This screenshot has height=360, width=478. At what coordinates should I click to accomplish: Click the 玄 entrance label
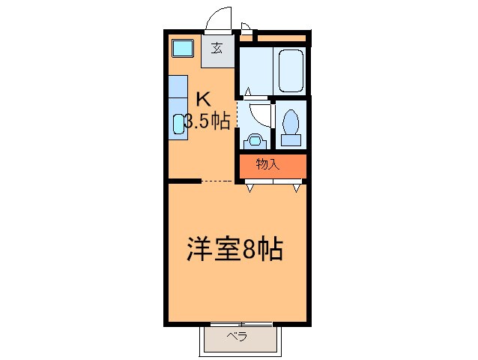(217, 49)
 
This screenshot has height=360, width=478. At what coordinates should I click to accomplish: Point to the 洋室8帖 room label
(235, 250)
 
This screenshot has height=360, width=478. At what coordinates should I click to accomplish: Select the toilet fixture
(290, 125)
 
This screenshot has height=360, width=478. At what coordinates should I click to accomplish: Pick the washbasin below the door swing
(255, 139)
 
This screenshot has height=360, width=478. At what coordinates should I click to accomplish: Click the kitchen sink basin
(178, 124)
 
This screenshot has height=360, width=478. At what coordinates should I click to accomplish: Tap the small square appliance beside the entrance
(182, 50)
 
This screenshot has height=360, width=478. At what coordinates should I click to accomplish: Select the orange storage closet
(273, 166)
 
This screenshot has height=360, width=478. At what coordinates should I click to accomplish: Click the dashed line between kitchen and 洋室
(219, 181)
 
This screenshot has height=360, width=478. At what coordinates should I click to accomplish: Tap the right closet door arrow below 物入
(297, 188)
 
